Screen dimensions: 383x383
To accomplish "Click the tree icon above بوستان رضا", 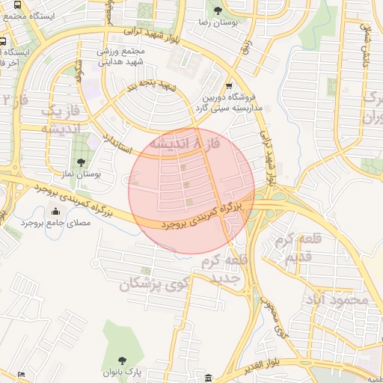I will [x=218, y=10].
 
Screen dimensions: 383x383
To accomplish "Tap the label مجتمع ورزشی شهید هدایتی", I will [x=123, y=61].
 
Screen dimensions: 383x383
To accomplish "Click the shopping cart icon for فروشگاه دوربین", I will [x=229, y=85].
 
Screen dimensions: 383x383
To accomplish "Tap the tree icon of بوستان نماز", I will [x=82, y=162].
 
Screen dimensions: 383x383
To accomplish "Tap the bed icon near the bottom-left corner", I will [x=21, y=373].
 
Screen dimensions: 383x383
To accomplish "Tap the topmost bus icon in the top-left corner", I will [x=4, y=41].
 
